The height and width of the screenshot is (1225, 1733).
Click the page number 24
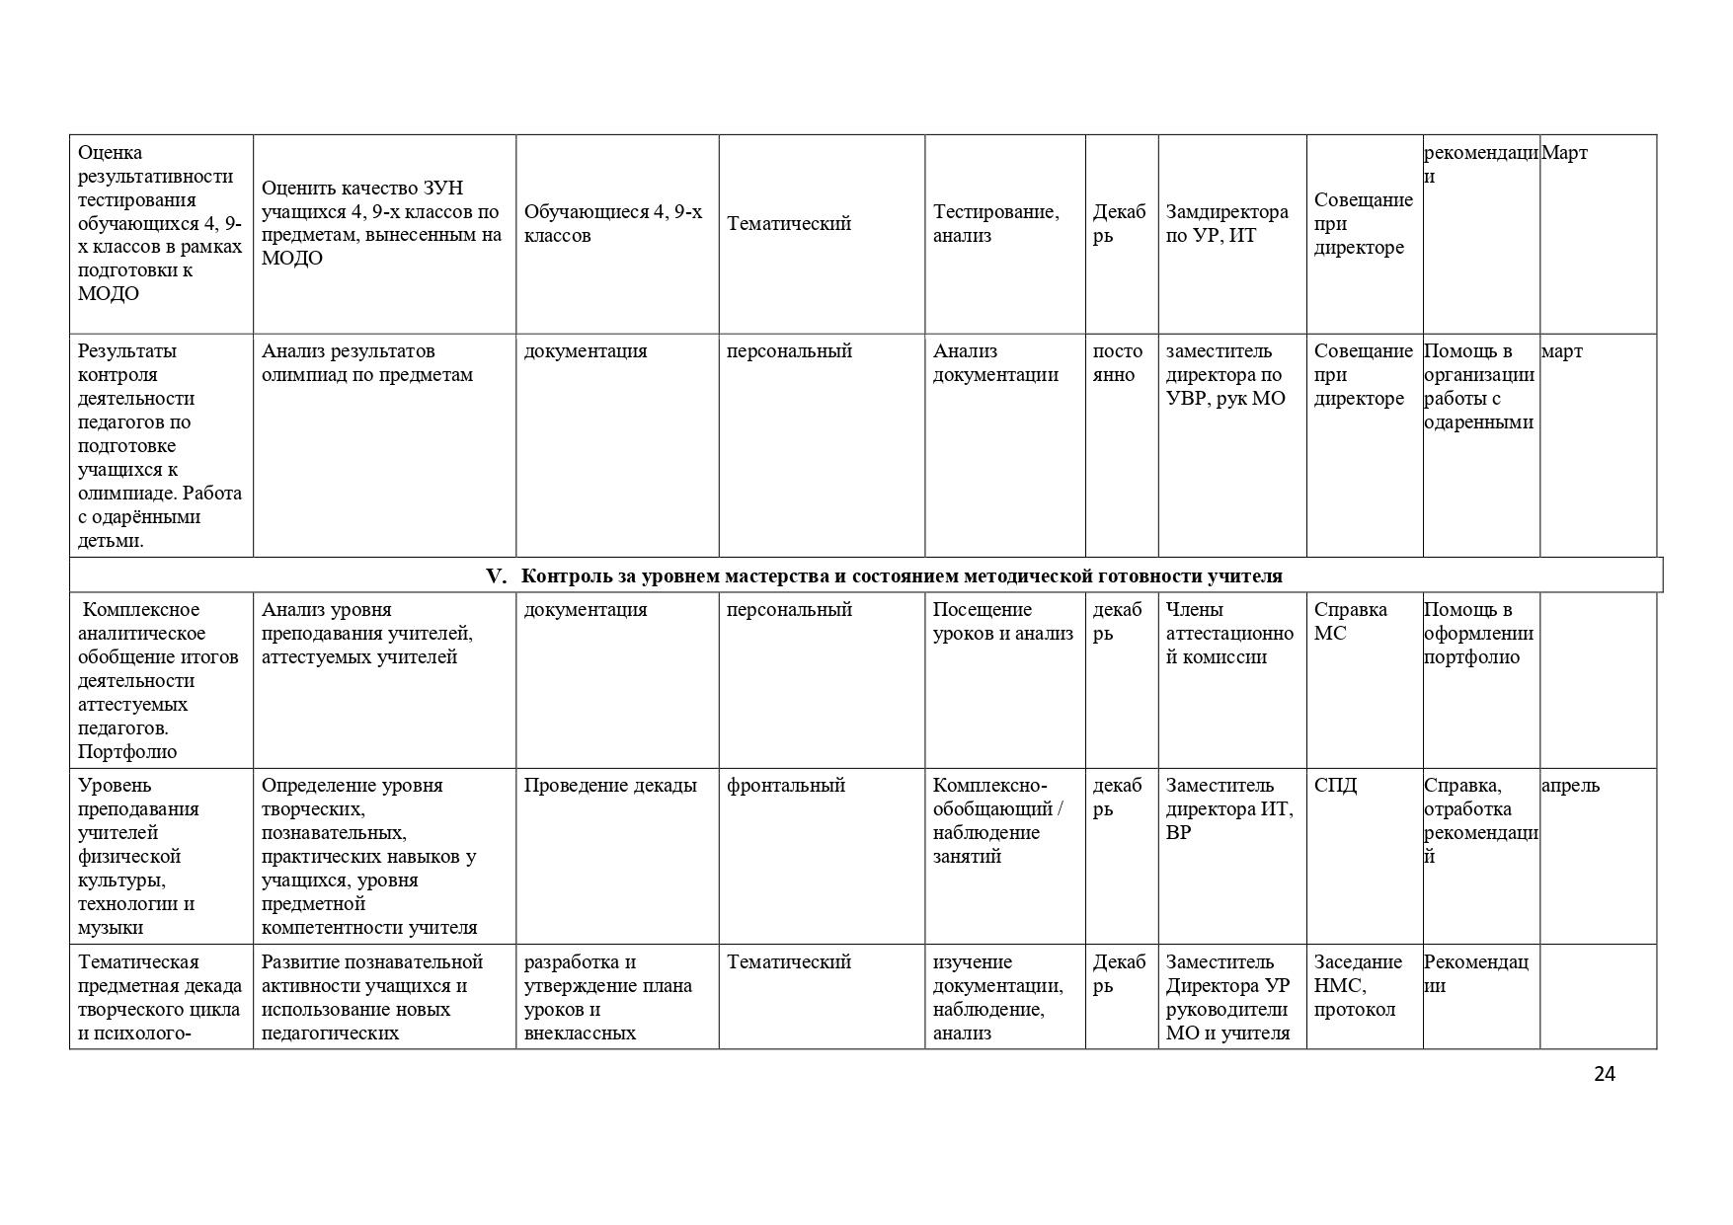tap(1604, 1074)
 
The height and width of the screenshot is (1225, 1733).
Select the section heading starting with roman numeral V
tap(885, 575)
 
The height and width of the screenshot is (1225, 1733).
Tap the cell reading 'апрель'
tap(1570, 786)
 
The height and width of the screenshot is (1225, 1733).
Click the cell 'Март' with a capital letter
tap(1564, 153)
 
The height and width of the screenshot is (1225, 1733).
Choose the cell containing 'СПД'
tap(1335, 786)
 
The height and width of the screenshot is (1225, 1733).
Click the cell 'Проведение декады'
tap(610, 786)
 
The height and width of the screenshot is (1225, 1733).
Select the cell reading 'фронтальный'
tap(786, 786)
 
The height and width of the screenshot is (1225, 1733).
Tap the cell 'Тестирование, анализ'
tap(995, 224)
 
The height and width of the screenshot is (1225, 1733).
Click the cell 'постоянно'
tap(1118, 363)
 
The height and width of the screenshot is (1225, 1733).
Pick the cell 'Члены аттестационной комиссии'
tap(1229, 634)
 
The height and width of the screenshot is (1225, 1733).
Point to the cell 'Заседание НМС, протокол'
tap(1358, 985)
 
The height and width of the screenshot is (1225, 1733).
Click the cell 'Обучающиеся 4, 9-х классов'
tap(613, 224)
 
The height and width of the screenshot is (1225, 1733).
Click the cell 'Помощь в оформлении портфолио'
tap(1478, 634)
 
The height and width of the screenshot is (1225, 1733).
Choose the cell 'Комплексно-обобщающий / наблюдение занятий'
tap(997, 821)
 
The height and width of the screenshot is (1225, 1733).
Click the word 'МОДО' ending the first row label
tap(109, 294)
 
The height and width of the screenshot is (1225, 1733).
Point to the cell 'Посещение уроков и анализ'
tap(1002, 622)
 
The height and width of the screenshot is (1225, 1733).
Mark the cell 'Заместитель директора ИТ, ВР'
tap(1229, 809)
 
